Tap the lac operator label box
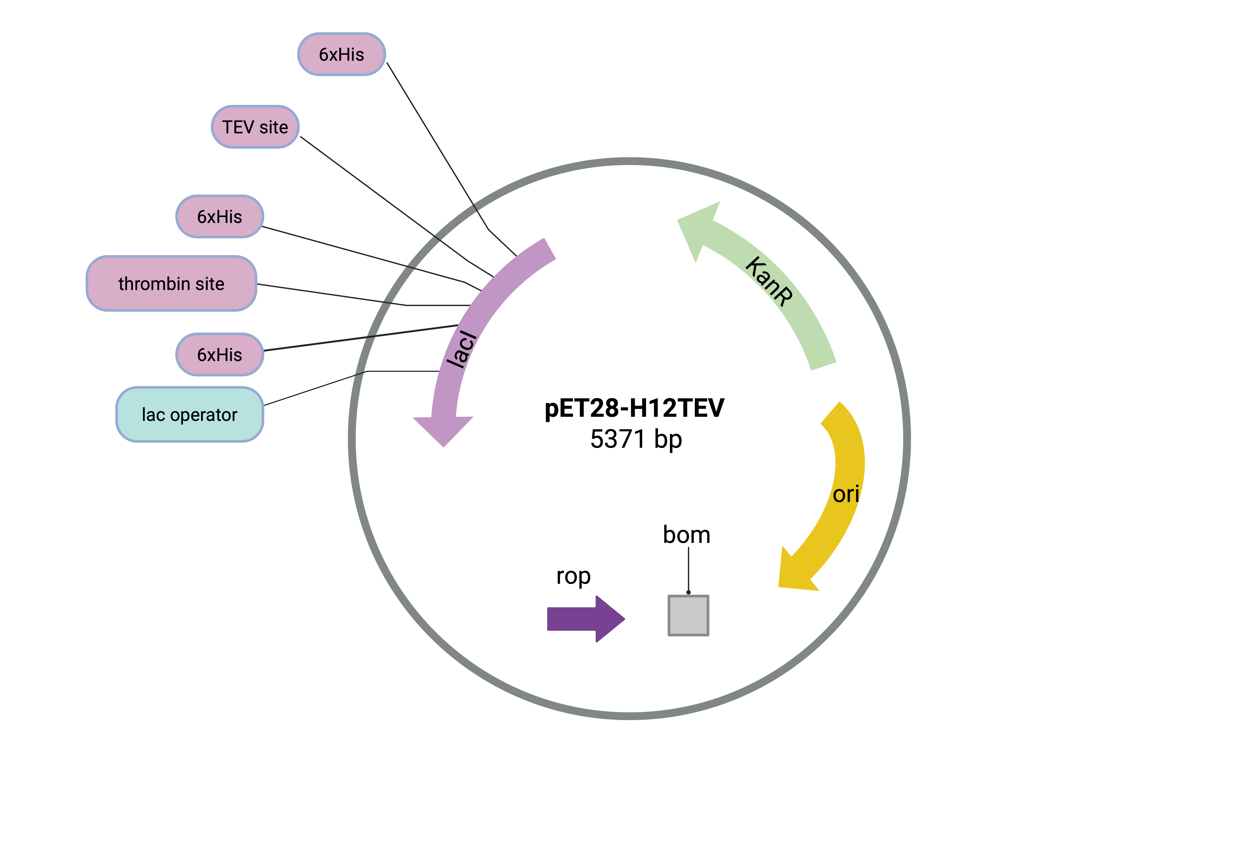click(x=189, y=414)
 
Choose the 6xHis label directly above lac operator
click(x=220, y=354)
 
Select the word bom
click(x=686, y=535)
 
